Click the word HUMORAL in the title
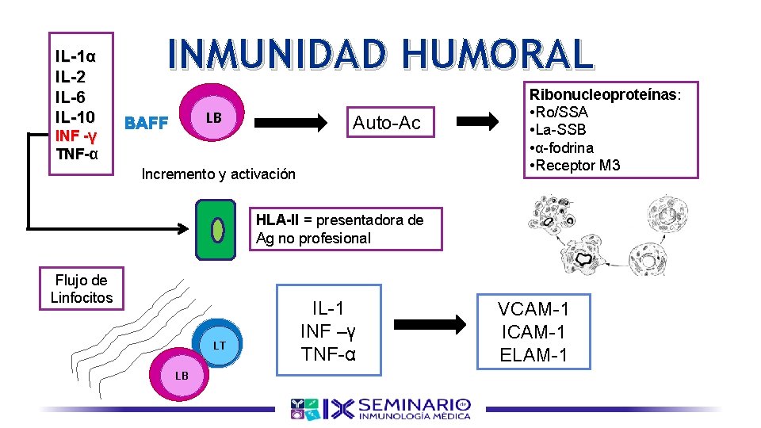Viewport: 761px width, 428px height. [x=496, y=54]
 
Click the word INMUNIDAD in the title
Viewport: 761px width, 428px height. [x=278, y=54]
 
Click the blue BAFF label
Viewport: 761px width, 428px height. [x=147, y=124]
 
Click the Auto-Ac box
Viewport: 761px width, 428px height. [x=386, y=123]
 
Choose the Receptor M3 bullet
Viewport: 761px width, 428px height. [x=576, y=165]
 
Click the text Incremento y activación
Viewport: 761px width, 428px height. [x=218, y=174]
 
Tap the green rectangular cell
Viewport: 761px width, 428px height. [x=216, y=229]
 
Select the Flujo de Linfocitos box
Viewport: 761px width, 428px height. [x=82, y=289]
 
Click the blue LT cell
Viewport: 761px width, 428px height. [x=219, y=345]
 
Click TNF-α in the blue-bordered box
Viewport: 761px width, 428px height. [x=327, y=353]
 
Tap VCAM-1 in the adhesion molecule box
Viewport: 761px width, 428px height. [x=533, y=309]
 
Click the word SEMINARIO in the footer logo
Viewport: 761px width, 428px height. [x=415, y=403]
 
